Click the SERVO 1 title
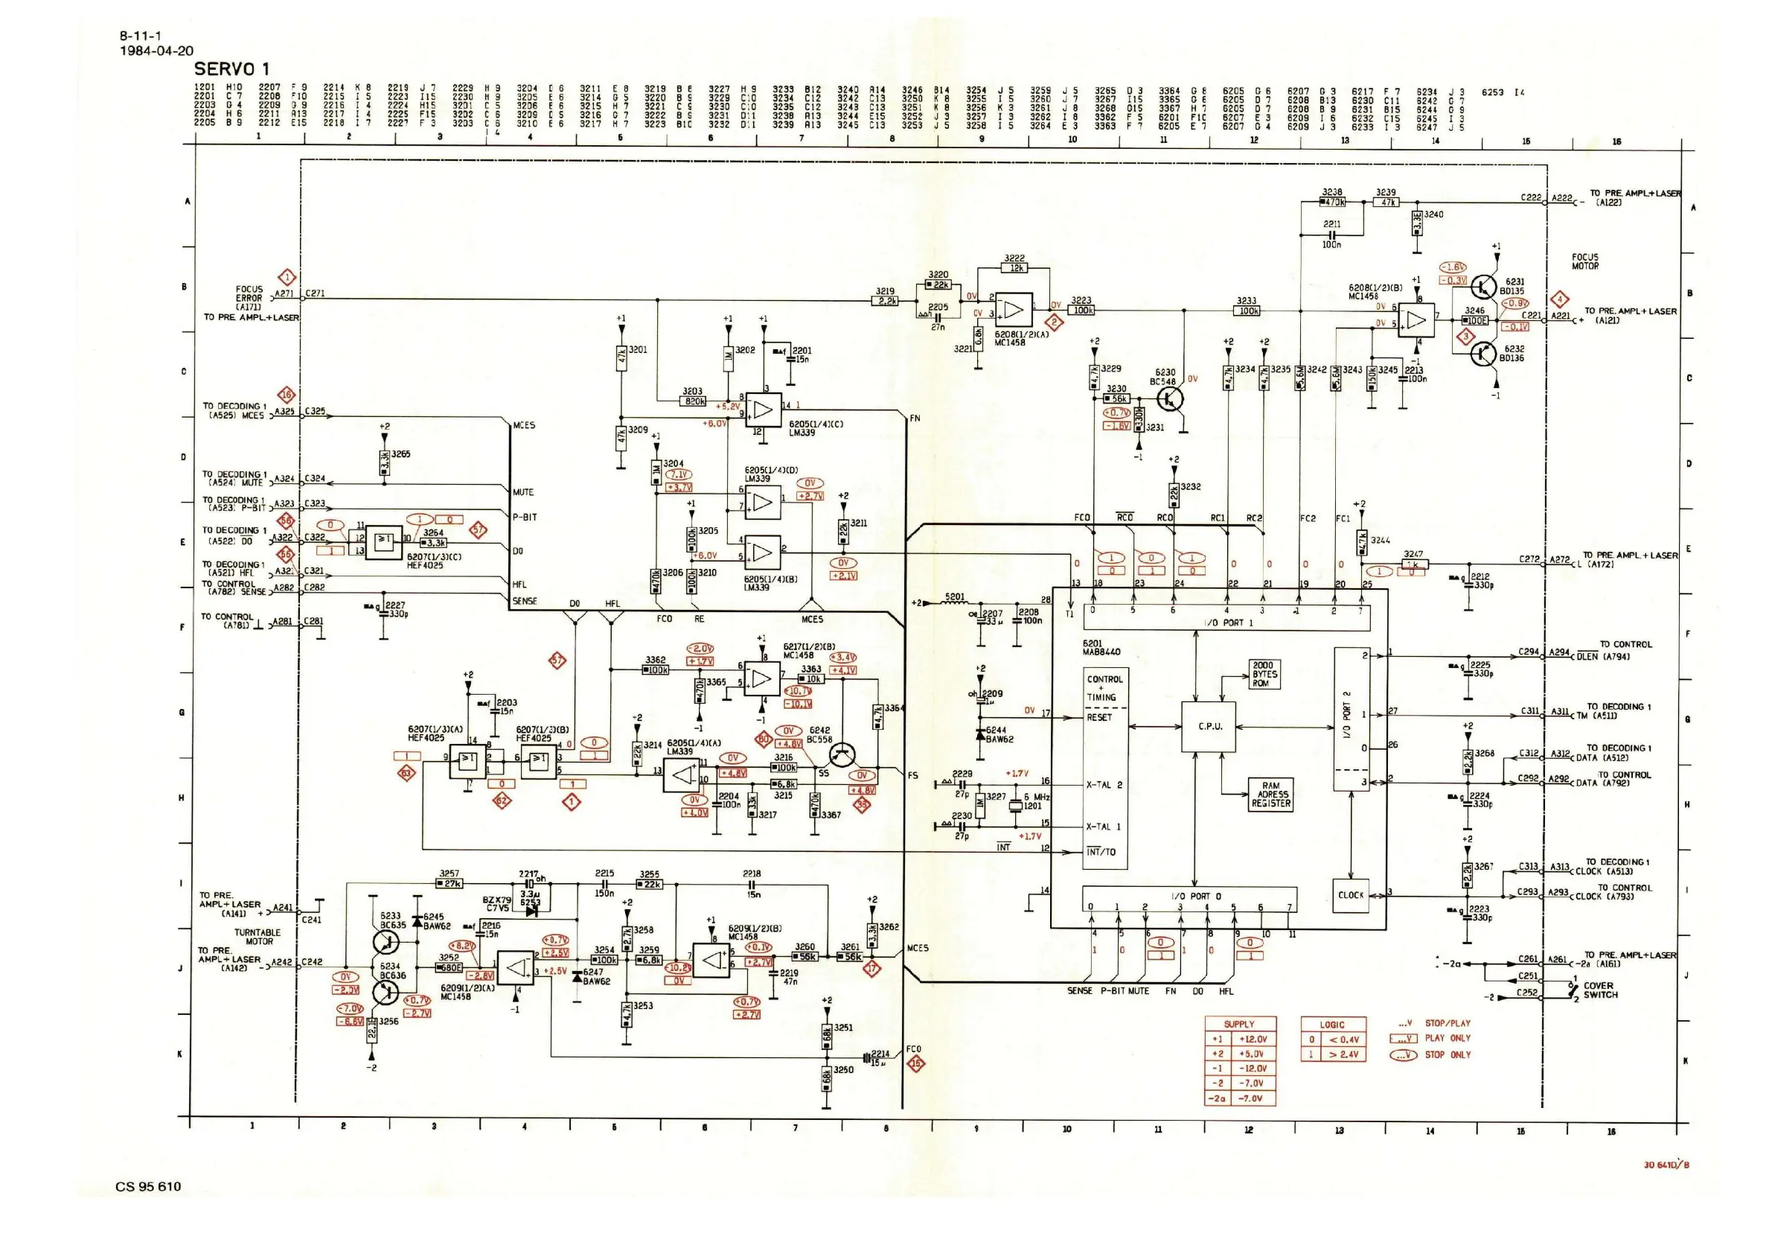[231, 69]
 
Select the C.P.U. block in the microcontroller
[1209, 727]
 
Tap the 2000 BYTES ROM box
[1264, 674]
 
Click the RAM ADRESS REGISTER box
[1271, 795]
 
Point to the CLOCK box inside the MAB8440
[1351, 896]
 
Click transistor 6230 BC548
[1170, 398]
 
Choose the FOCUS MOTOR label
[1585, 262]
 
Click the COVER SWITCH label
[1600, 990]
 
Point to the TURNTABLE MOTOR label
[258, 937]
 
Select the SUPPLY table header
[1239, 1024]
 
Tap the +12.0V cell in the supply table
[1253, 1040]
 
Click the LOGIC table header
[1332, 1025]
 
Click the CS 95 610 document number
[148, 1187]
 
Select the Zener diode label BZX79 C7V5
[497, 904]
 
